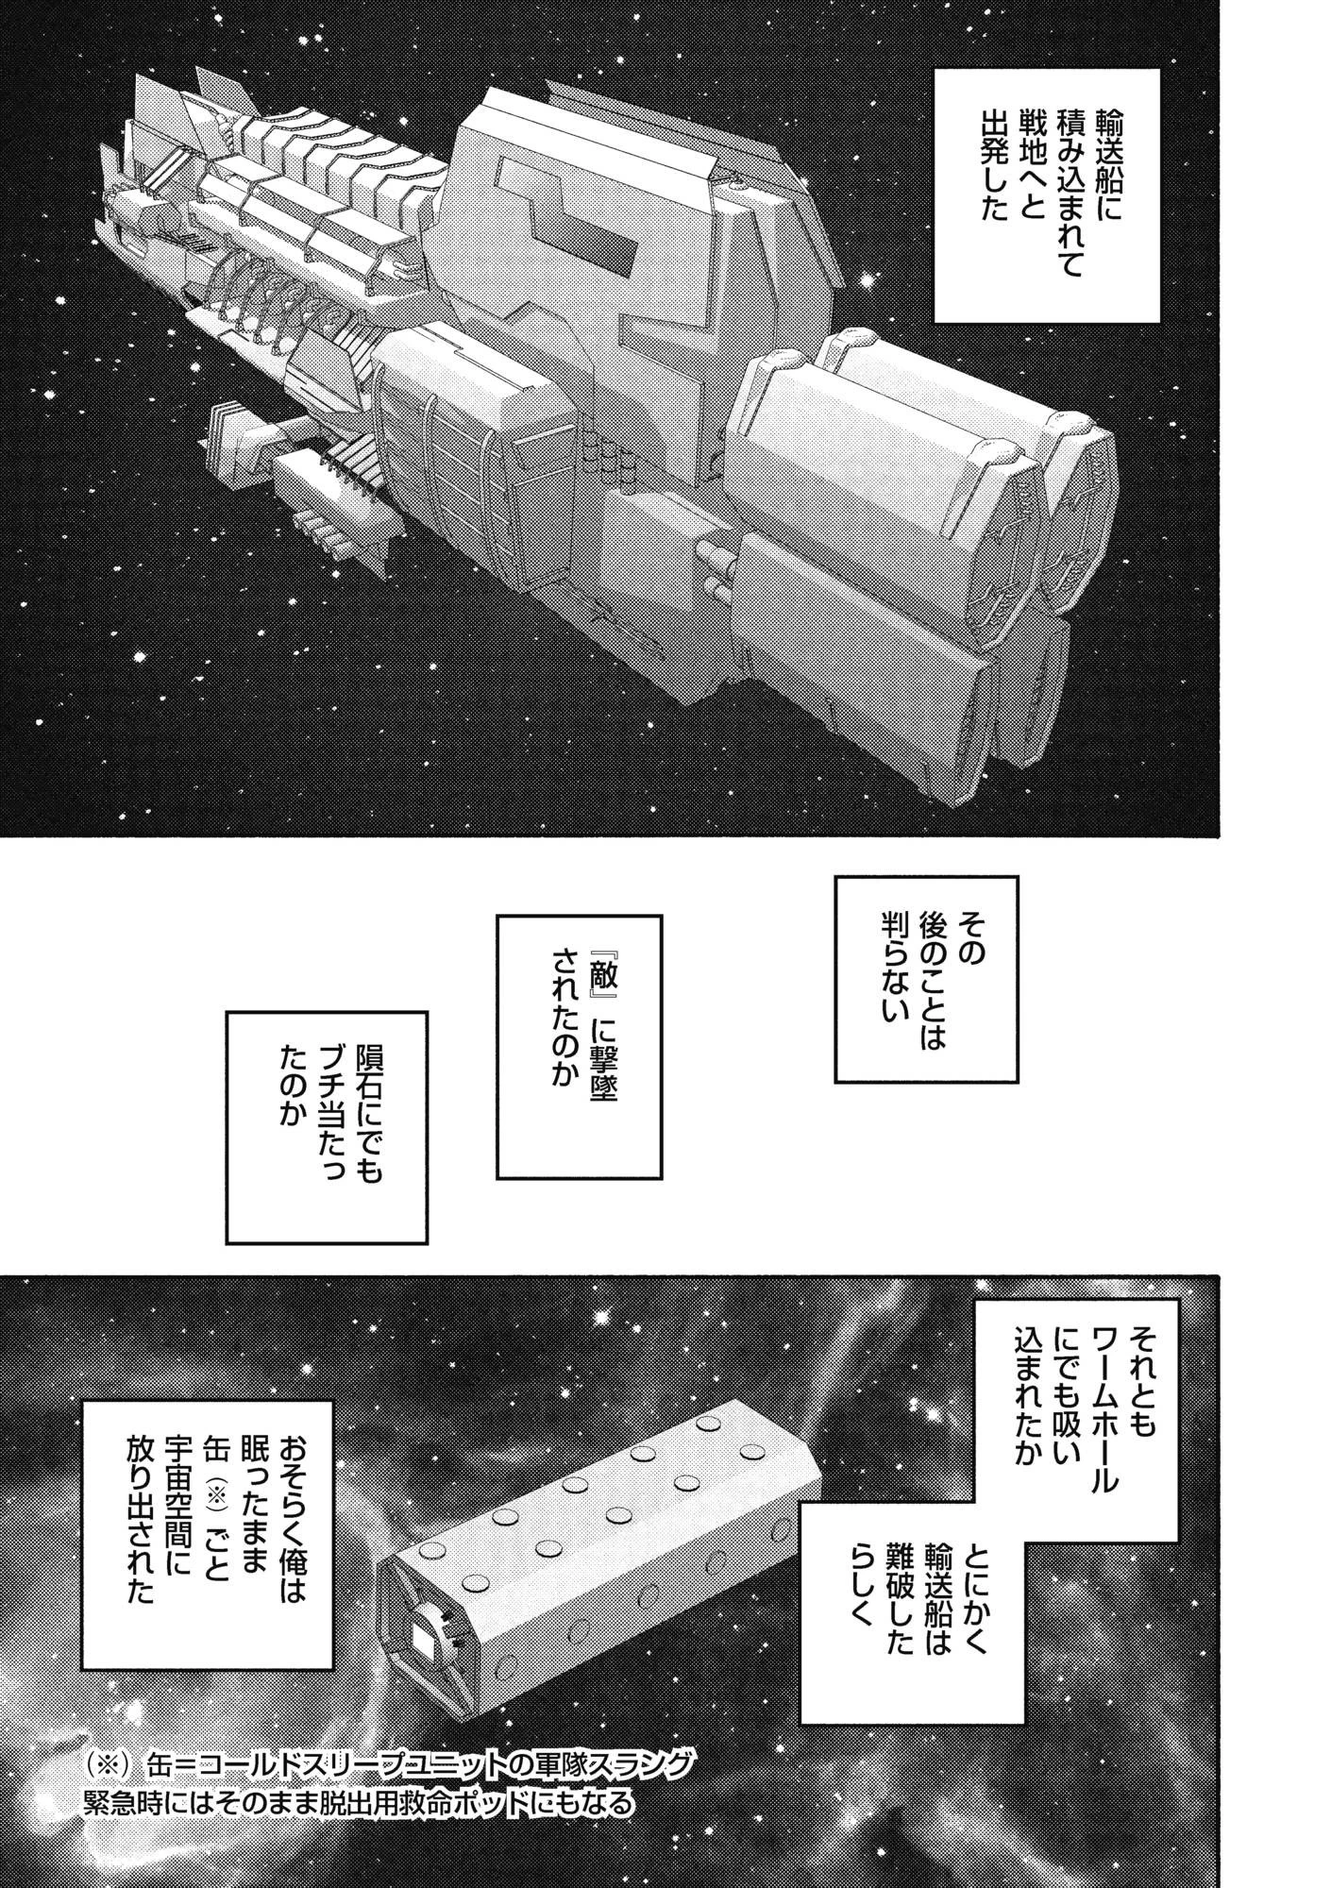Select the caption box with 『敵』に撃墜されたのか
click(580, 1045)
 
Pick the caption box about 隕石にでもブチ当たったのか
click(326, 1126)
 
